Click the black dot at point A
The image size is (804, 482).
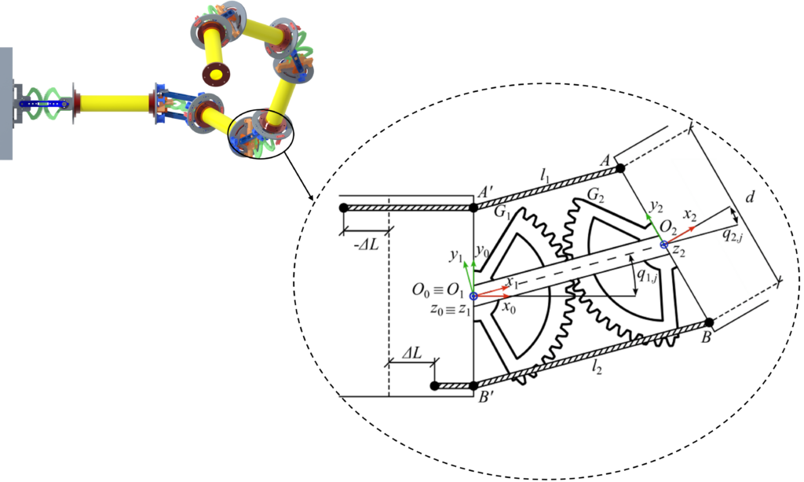pos(620,167)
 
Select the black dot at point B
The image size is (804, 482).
pos(709,322)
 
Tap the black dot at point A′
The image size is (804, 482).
pos(473,208)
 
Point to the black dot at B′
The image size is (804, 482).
pos(473,386)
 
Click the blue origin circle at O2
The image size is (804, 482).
pos(663,245)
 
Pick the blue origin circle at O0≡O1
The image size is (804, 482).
pos(473,296)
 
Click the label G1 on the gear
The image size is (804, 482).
pos(502,212)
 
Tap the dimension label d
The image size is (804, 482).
pos(750,197)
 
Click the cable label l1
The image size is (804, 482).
pos(545,176)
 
